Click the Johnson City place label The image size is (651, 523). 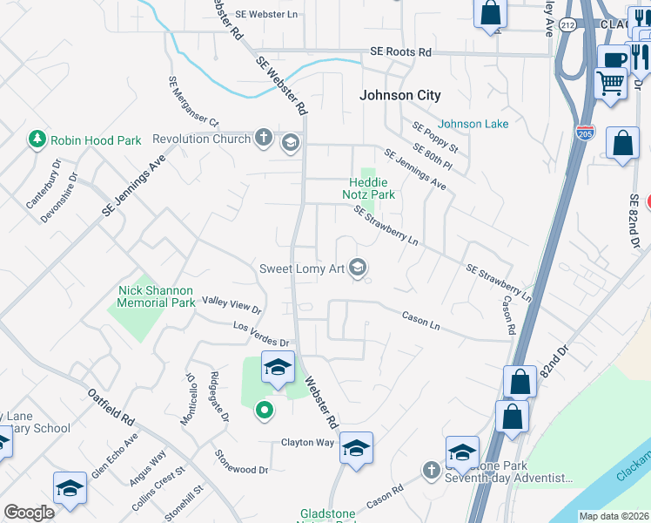pyautogui.click(x=401, y=95)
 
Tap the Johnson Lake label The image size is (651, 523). pyautogui.click(x=473, y=124)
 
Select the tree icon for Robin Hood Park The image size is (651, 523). pyautogui.click(x=37, y=139)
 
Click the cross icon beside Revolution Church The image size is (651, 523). pyautogui.click(x=264, y=138)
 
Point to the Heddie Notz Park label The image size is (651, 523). pyautogui.click(x=372, y=188)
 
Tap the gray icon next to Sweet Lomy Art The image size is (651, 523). pyautogui.click(x=358, y=268)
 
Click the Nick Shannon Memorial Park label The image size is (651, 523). pyautogui.click(x=157, y=296)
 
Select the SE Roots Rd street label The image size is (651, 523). pyautogui.click(x=400, y=52)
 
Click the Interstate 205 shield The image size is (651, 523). pyautogui.click(x=586, y=132)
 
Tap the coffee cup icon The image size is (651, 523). pyautogui.click(x=614, y=58)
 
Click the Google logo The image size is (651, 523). pyautogui.click(x=29, y=513)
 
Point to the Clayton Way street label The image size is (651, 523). pyautogui.click(x=307, y=442)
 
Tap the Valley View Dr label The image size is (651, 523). pyautogui.click(x=232, y=304)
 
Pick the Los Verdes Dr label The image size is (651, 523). pyautogui.click(x=260, y=334)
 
